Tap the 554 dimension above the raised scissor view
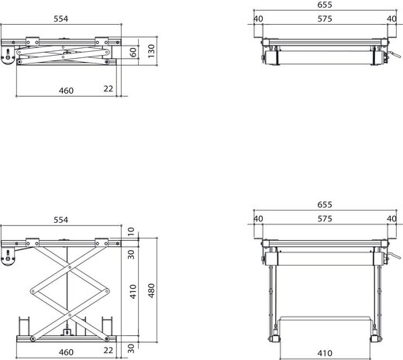(61, 220)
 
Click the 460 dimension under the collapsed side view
(66, 91)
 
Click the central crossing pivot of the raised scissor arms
(68, 293)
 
